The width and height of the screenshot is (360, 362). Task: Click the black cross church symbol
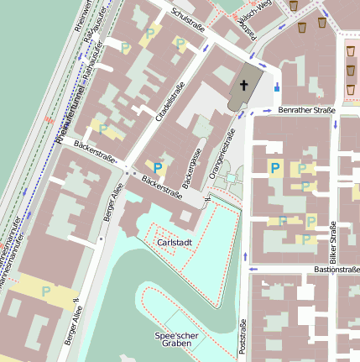click(244, 85)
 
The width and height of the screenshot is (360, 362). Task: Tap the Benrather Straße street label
click(306, 110)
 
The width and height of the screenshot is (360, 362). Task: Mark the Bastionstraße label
click(336, 270)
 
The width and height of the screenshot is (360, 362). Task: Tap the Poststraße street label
click(243, 338)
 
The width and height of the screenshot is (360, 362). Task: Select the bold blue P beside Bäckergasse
click(157, 169)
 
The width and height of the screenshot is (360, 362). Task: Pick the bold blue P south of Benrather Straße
click(274, 168)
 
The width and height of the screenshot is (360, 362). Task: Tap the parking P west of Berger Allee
click(46, 291)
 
